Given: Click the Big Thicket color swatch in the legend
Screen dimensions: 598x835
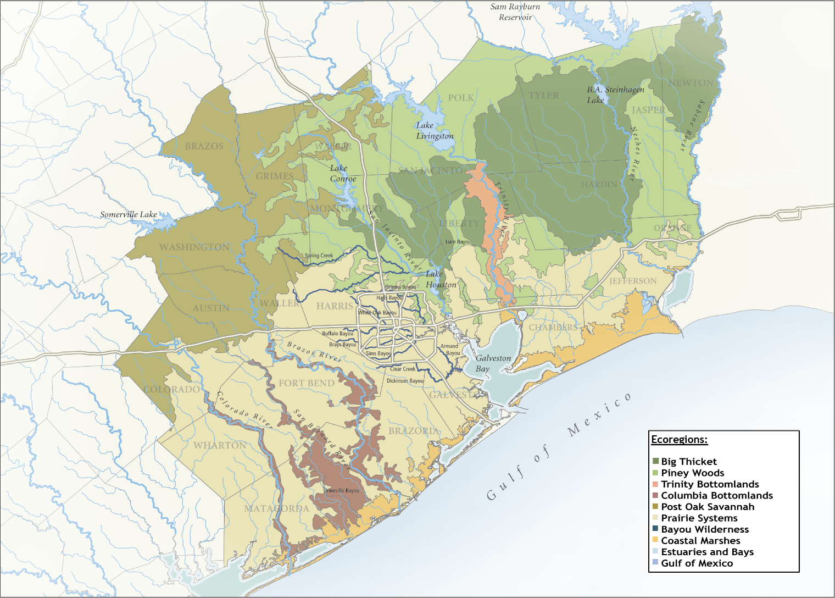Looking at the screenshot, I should tap(655, 462).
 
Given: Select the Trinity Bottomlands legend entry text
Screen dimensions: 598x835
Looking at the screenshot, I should tap(710, 484).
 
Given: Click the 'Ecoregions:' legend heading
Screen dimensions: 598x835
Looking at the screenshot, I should tap(680, 440).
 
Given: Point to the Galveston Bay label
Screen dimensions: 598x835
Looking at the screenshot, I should tap(492, 363).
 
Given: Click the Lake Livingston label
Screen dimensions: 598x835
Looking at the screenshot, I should tap(434, 131).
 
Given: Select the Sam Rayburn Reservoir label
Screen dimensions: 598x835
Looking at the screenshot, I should tap(515, 12).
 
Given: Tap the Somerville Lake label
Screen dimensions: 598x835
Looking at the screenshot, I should tap(129, 214).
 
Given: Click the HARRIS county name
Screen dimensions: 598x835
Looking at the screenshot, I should tap(335, 306).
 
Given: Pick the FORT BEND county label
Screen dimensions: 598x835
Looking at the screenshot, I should tap(307, 383).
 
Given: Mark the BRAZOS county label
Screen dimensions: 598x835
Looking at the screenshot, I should tap(204, 146).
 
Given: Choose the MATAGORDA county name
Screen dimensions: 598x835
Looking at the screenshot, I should tap(276, 508).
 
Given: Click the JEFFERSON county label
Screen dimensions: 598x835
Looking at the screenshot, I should tap(633, 281).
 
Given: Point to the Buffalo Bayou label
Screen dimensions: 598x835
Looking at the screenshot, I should tap(337, 334).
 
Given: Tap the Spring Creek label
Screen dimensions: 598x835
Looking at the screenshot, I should tap(319, 256).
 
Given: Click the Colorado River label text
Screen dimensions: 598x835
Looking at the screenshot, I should tap(244, 409).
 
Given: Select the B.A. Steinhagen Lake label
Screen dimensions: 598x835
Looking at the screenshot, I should tap(614, 95).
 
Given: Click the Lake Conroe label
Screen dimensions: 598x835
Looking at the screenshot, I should tap(343, 174).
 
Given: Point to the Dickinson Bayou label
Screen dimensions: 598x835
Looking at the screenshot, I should tap(405, 381).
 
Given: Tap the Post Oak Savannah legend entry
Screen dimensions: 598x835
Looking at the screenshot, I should tap(708, 507).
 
